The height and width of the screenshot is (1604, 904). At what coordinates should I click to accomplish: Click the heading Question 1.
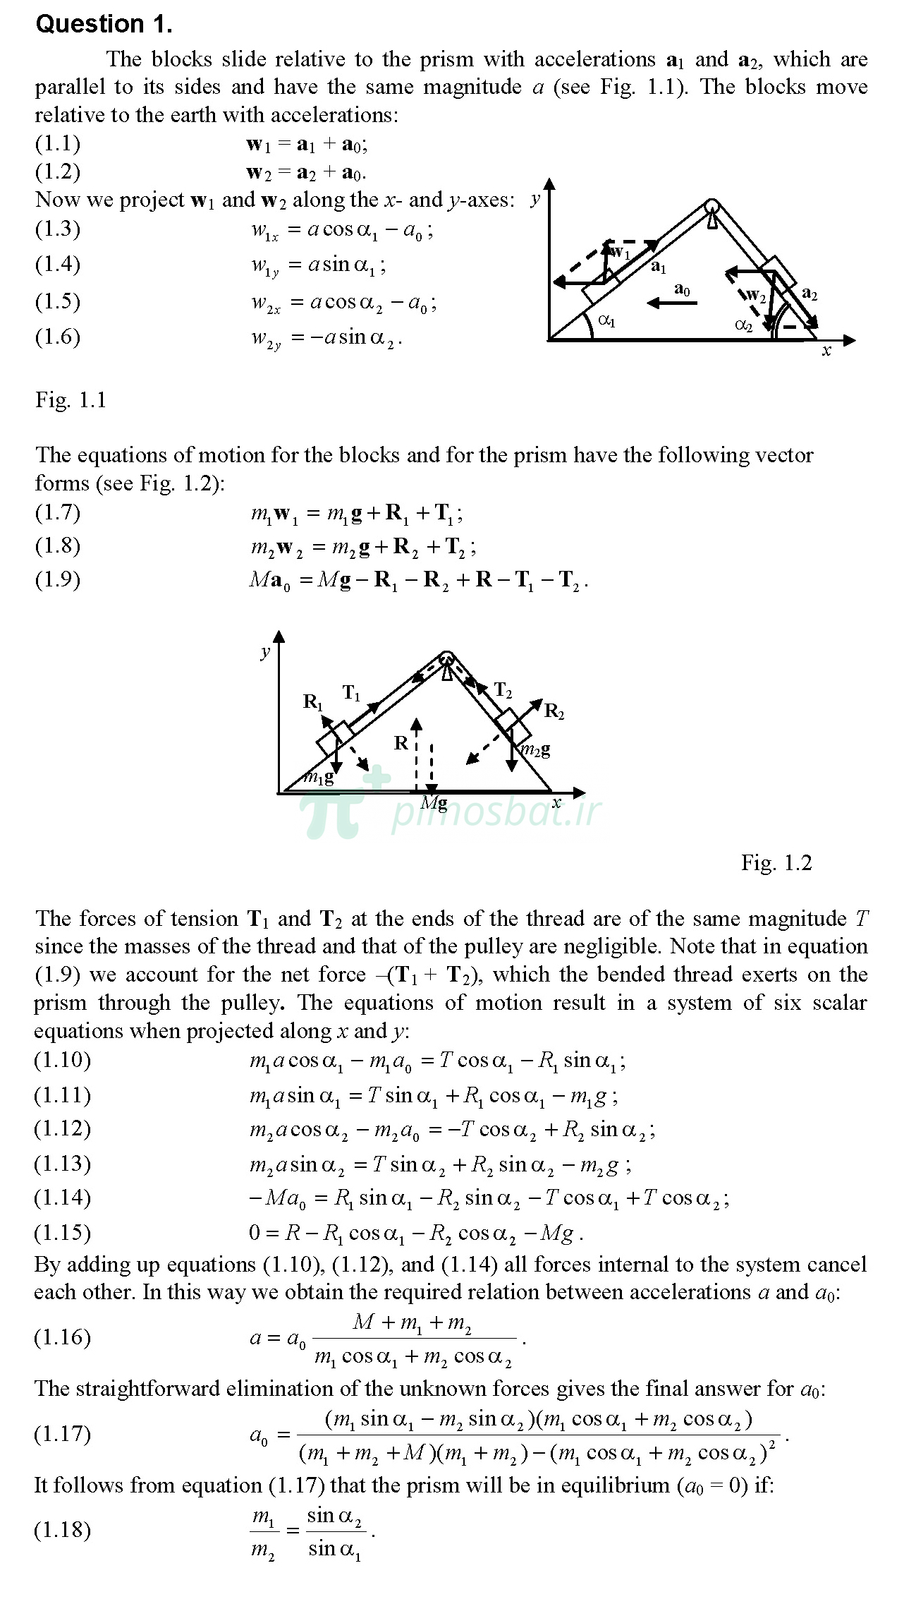tap(104, 24)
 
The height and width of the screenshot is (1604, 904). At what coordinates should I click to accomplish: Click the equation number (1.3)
tap(58, 229)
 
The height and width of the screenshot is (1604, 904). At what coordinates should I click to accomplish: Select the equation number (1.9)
tap(58, 579)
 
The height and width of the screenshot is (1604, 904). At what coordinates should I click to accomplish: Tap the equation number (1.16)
tap(62, 1337)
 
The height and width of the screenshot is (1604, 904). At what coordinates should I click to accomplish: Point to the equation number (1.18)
tap(62, 1530)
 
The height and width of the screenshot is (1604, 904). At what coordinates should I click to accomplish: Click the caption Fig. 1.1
tap(71, 400)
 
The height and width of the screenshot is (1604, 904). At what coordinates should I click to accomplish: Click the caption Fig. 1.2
tap(776, 862)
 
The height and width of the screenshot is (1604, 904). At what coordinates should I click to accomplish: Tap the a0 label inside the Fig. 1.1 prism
tap(682, 290)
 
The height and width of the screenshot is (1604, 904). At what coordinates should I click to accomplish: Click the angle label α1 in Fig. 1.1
tap(606, 321)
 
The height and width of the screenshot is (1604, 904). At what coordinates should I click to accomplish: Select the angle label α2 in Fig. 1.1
tap(743, 325)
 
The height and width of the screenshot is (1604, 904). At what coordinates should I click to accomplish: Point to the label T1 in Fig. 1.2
tap(351, 694)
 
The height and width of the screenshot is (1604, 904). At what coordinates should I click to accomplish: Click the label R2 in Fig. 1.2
tap(554, 711)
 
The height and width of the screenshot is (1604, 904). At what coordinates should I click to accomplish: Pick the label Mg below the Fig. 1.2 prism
tap(434, 804)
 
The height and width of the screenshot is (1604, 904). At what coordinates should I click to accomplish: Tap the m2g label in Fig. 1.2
tap(535, 750)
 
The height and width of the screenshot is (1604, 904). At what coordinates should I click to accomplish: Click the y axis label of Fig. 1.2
tap(265, 651)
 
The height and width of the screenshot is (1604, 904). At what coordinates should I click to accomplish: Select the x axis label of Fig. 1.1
tap(826, 351)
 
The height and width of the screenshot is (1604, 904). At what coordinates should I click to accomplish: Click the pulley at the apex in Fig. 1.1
tap(711, 206)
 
